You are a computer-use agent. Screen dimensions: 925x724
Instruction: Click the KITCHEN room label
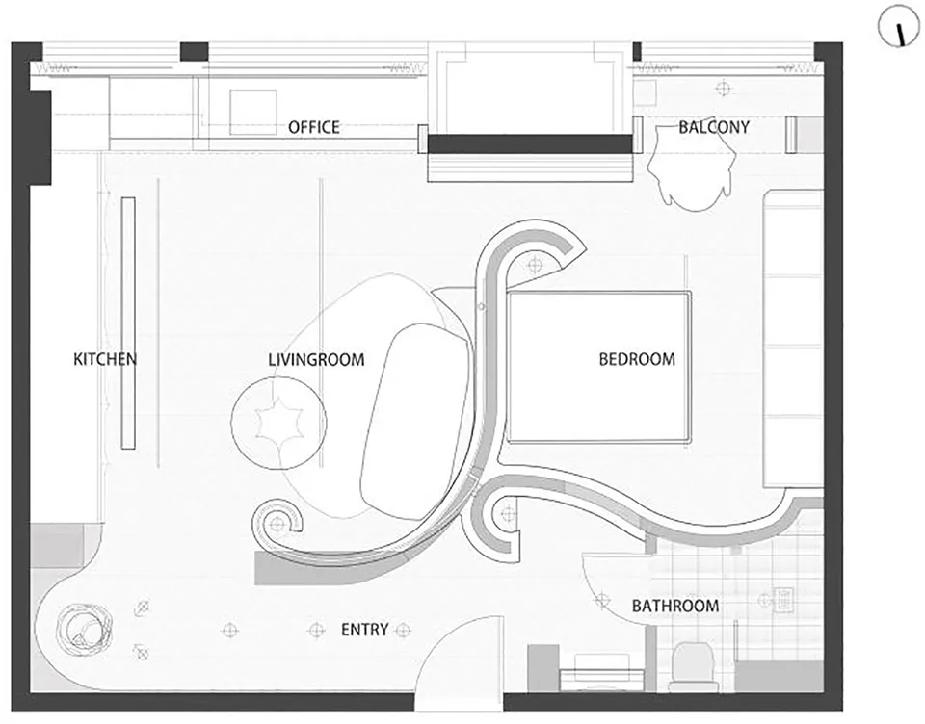click(105, 359)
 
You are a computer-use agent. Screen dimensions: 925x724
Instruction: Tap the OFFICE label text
click(314, 127)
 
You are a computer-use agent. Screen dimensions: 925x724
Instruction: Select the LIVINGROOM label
click(316, 360)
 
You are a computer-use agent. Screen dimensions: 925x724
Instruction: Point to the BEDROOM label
click(637, 359)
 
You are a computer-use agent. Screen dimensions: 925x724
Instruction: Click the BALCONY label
click(714, 127)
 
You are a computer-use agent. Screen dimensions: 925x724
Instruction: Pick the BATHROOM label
click(675, 606)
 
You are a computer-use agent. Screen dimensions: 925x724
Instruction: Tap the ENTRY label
click(364, 630)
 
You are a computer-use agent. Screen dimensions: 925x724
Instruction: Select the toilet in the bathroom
click(693, 665)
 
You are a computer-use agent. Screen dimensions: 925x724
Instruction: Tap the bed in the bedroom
click(598, 367)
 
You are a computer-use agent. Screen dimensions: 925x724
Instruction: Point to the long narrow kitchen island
click(128, 323)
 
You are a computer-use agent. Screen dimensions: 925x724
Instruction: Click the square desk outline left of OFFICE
click(253, 113)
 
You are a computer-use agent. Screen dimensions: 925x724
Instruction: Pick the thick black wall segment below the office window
click(530, 143)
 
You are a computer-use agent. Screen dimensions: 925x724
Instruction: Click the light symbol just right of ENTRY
click(404, 630)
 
